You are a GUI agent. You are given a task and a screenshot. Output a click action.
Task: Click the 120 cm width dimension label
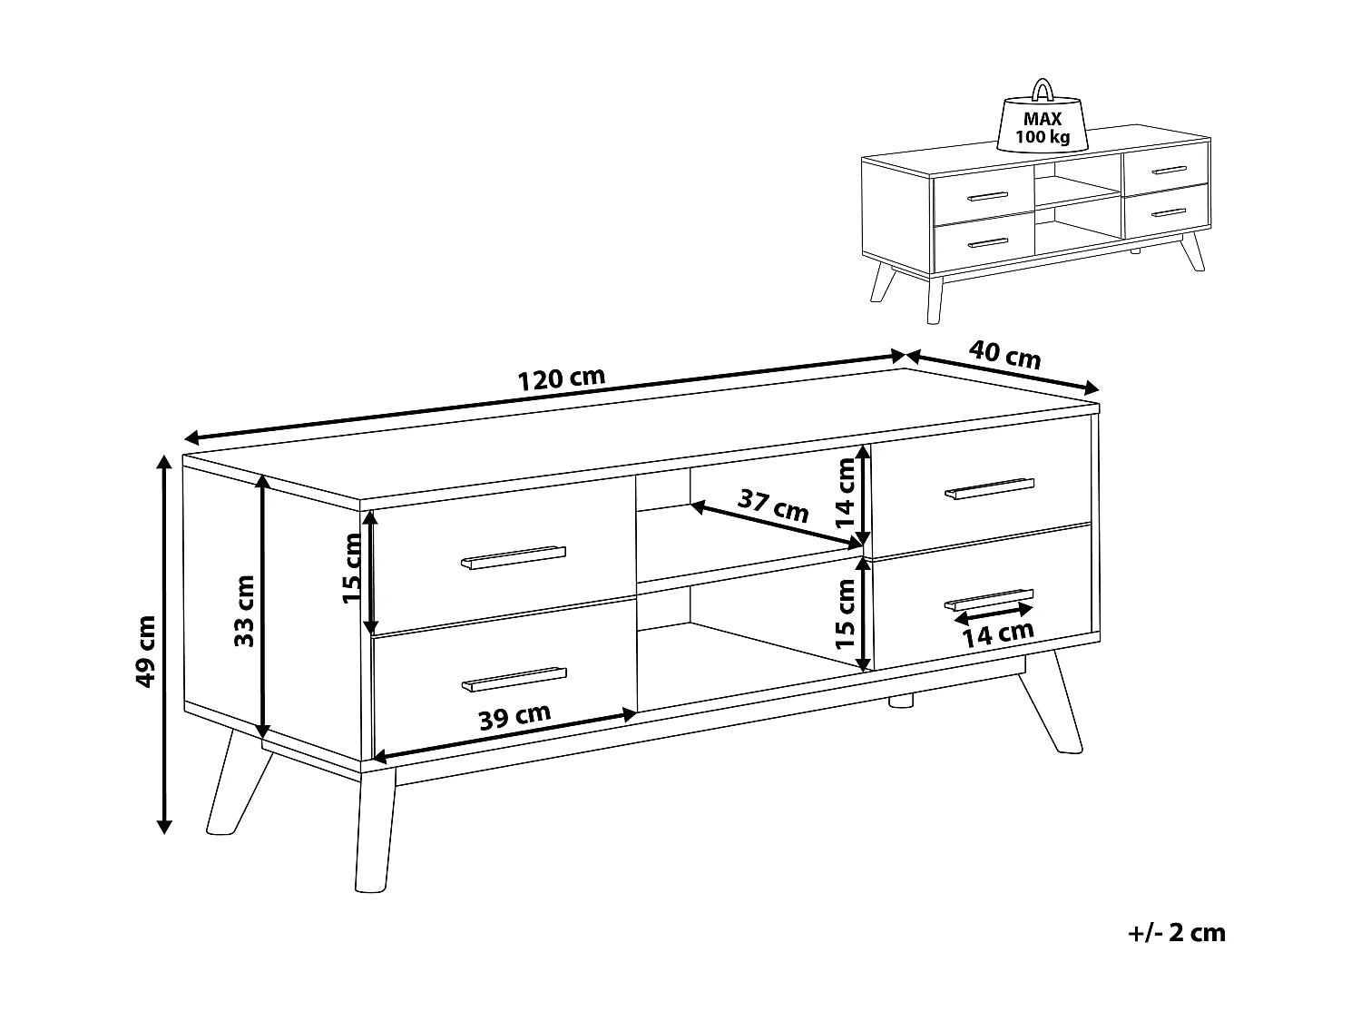coord(561,378)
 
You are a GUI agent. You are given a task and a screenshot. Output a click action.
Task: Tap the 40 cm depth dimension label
coord(1004,355)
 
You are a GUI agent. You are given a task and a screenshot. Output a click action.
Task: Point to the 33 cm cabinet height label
coord(244,611)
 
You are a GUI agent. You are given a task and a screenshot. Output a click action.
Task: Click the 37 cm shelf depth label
coord(773,506)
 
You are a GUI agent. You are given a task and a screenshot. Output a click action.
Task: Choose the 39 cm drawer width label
coord(514,717)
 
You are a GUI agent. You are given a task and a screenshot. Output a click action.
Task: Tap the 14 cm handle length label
coord(998,634)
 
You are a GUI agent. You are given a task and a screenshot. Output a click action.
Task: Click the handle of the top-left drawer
coord(514,556)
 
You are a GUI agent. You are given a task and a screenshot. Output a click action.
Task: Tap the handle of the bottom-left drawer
coord(514,680)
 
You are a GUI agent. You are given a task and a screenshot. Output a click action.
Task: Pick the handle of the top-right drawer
coord(990,488)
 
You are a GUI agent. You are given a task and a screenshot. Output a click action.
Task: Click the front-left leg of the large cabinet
coord(375,830)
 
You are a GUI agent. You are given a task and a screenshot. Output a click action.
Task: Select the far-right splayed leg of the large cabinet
coord(1051,702)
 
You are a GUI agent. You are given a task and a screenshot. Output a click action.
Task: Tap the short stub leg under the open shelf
coord(901,701)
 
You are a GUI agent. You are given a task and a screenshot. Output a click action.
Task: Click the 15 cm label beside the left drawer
coord(351,568)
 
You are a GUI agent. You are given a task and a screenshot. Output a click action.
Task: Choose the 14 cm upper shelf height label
coord(845,494)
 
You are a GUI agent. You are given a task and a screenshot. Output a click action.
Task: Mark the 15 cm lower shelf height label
coord(845,614)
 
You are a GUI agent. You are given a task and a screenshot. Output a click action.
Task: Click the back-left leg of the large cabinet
coord(239,782)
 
